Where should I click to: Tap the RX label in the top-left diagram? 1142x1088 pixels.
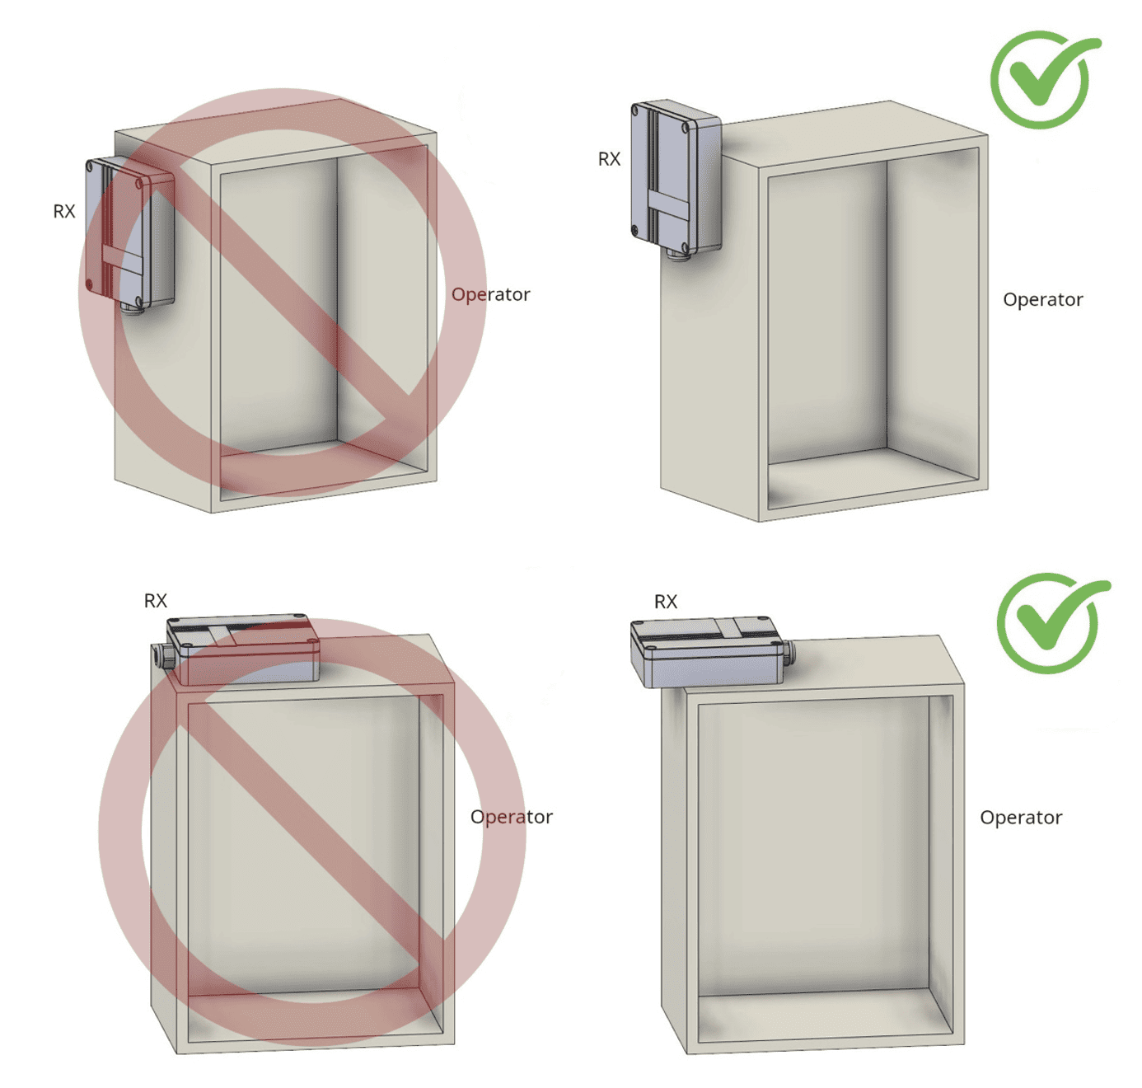tap(64, 212)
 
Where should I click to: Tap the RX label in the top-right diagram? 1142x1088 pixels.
tap(609, 159)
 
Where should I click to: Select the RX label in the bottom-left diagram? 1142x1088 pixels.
tap(155, 601)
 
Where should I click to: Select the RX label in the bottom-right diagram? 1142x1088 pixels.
tap(665, 602)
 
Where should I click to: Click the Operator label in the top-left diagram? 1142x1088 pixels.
tap(490, 294)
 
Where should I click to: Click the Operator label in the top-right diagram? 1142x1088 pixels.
tap(1042, 299)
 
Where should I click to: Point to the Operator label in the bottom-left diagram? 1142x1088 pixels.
tap(511, 817)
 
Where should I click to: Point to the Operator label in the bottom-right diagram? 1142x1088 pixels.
tap(1021, 818)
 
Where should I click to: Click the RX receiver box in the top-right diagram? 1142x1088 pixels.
tap(675, 177)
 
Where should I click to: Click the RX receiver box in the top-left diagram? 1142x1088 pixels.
tap(129, 231)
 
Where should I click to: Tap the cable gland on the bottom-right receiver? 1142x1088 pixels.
tap(789, 654)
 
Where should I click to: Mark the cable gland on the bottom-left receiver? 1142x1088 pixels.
tap(162, 656)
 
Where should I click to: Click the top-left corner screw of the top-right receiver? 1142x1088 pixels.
tap(637, 109)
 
